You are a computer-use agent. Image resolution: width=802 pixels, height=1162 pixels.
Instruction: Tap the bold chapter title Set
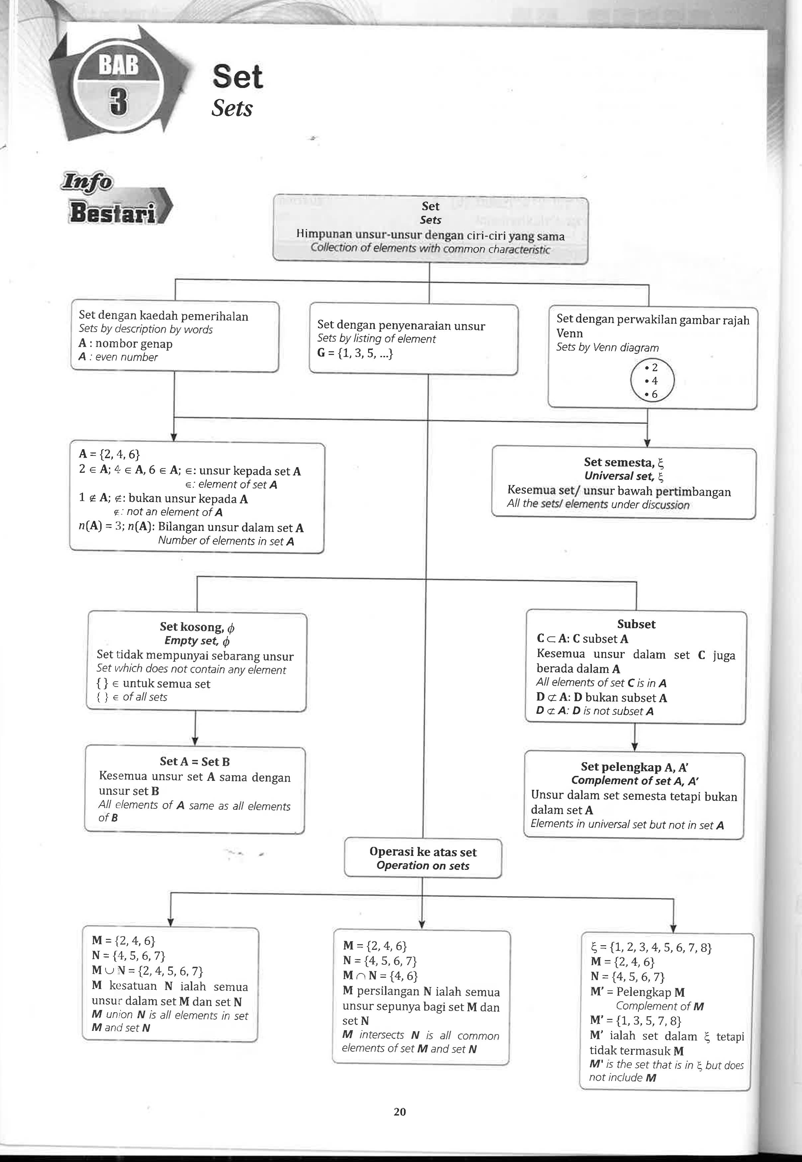click(x=237, y=77)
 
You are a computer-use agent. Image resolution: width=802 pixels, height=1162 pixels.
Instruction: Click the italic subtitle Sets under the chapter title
click(x=232, y=108)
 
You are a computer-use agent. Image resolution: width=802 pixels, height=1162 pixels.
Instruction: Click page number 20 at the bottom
click(x=400, y=1112)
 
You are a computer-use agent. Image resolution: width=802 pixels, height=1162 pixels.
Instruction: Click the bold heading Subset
click(x=636, y=624)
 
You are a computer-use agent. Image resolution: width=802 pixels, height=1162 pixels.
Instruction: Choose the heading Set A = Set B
click(x=195, y=761)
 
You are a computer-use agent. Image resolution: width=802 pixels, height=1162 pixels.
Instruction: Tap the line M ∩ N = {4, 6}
click(x=380, y=976)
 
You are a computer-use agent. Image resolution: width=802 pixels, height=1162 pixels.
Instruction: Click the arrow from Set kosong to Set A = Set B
click(x=195, y=728)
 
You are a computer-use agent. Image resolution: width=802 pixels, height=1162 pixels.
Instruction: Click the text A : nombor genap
click(x=125, y=344)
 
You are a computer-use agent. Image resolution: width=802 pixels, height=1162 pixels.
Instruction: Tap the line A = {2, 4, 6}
click(x=109, y=454)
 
